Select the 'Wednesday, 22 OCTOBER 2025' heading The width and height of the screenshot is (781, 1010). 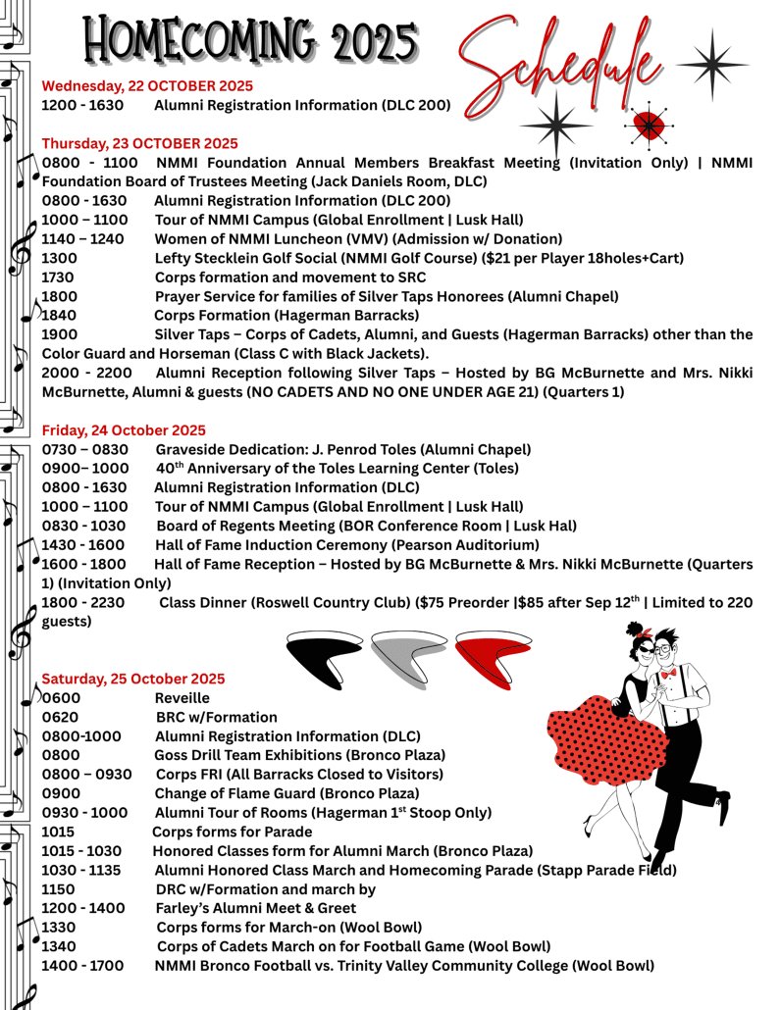147,85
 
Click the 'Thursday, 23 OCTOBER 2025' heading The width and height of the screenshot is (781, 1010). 139,143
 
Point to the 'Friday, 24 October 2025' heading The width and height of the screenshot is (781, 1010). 124,429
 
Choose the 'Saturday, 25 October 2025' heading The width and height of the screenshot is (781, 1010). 132,679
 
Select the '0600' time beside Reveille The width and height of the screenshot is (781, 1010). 62,698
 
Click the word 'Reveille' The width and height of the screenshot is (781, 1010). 182,698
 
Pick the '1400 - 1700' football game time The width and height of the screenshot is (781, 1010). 82,966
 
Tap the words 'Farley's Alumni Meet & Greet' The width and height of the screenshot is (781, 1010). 256,908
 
